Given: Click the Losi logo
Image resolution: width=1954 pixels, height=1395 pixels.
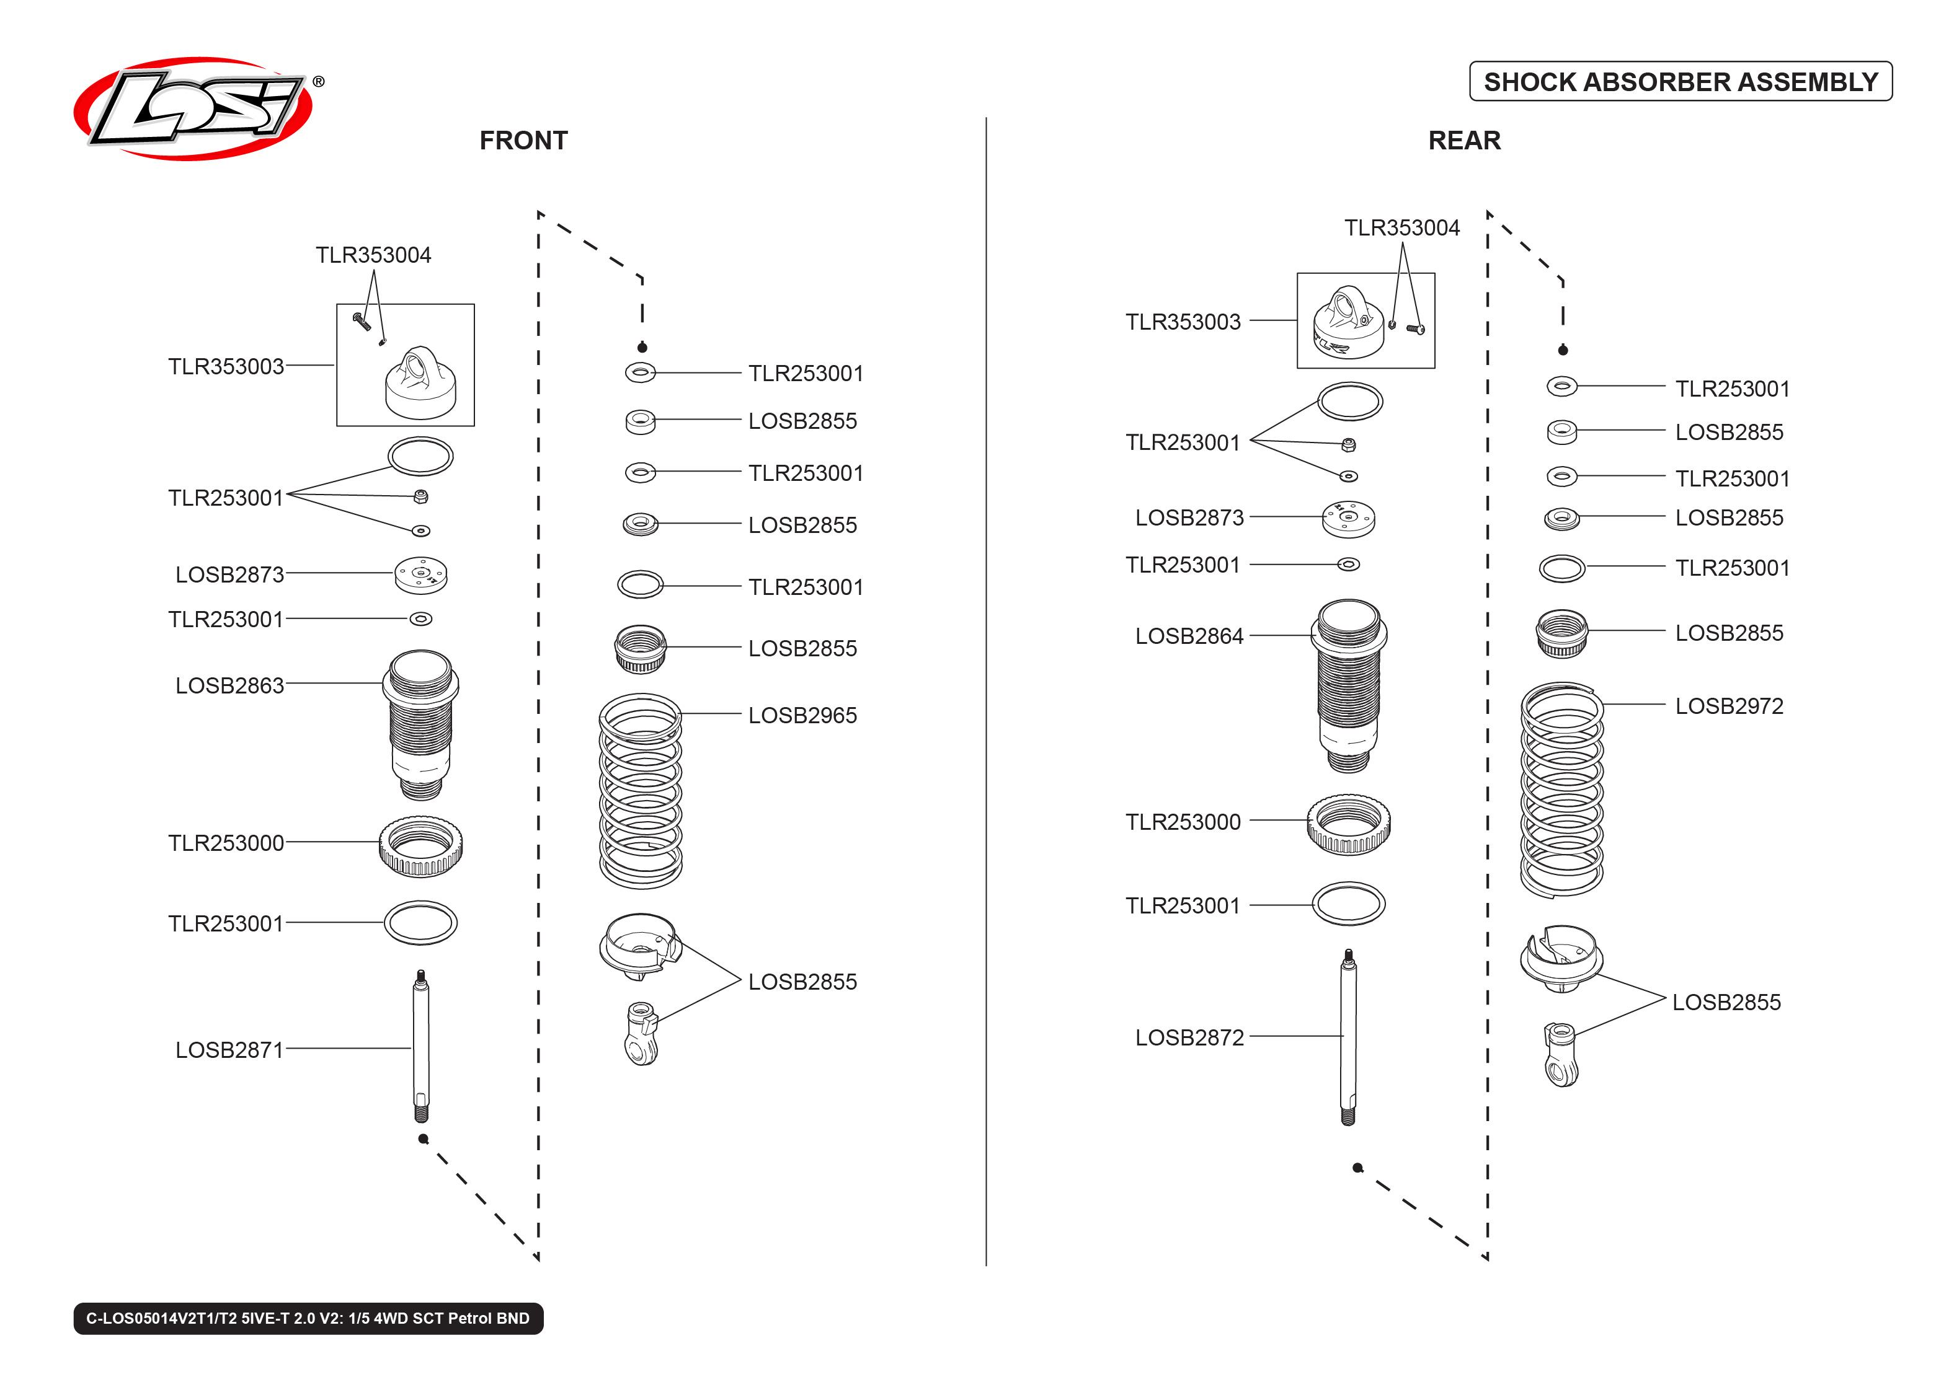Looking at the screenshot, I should (193, 109).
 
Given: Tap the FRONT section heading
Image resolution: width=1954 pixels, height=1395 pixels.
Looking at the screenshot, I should (523, 140).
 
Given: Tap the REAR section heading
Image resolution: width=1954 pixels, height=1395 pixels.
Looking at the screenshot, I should (1463, 140).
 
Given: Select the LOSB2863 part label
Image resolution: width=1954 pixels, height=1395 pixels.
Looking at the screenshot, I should (229, 685).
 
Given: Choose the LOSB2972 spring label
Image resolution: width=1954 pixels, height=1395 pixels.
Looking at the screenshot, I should (1728, 705).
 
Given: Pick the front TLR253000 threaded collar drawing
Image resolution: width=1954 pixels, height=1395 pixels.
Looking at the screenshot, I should (420, 845).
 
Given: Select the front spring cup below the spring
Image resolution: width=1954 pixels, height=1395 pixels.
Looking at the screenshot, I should (639, 945).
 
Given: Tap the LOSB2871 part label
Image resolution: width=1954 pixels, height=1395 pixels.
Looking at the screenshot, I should (229, 1050).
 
